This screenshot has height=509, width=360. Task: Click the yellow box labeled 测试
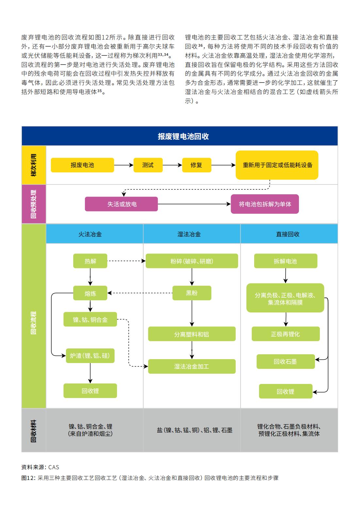(148, 165)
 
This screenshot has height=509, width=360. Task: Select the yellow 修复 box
(196, 165)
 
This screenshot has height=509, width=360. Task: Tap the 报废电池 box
(82, 165)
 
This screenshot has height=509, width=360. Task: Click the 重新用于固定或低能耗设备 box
(277, 165)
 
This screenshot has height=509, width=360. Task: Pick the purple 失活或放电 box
(121, 204)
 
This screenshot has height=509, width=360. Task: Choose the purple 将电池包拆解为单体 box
(265, 204)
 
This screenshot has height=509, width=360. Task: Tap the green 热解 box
(90, 261)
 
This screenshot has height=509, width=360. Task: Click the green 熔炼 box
(90, 293)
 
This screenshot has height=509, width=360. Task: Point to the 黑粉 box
(192, 293)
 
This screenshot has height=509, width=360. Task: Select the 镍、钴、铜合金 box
(90, 319)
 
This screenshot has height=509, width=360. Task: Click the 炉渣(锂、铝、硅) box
(90, 356)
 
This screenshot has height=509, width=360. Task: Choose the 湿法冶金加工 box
(192, 366)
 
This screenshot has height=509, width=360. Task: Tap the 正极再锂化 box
(286, 334)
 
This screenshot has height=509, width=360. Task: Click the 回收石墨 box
(286, 361)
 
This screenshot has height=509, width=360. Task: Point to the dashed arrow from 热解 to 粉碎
(126, 261)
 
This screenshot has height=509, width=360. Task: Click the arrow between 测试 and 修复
(172, 165)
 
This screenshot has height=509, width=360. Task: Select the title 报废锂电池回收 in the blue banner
(183, 136)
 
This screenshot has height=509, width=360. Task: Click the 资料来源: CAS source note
(40, 467)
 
